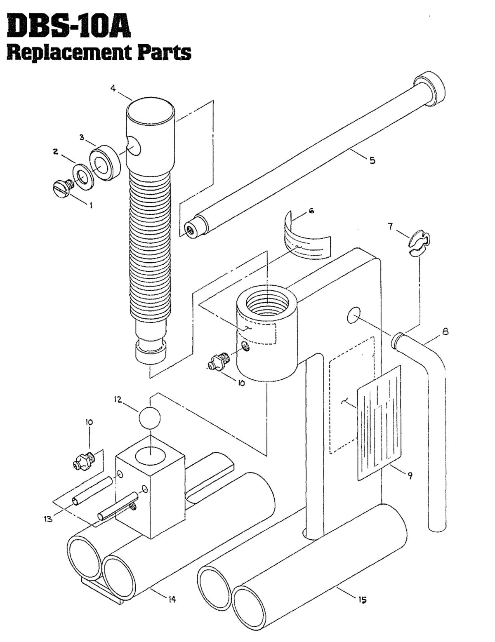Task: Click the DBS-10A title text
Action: click(66, 27)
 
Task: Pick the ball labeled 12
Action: click(149, 418)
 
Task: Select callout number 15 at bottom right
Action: click(362, 599)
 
